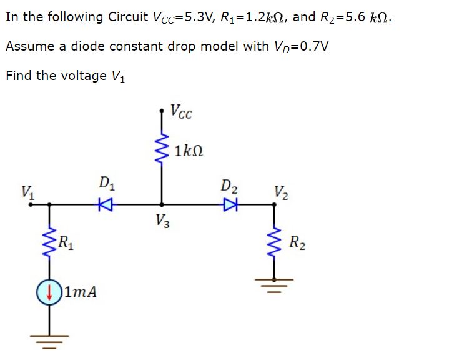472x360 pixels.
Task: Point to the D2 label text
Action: [x=229, y=186]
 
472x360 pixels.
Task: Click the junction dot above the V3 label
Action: [x=163, y=203]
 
